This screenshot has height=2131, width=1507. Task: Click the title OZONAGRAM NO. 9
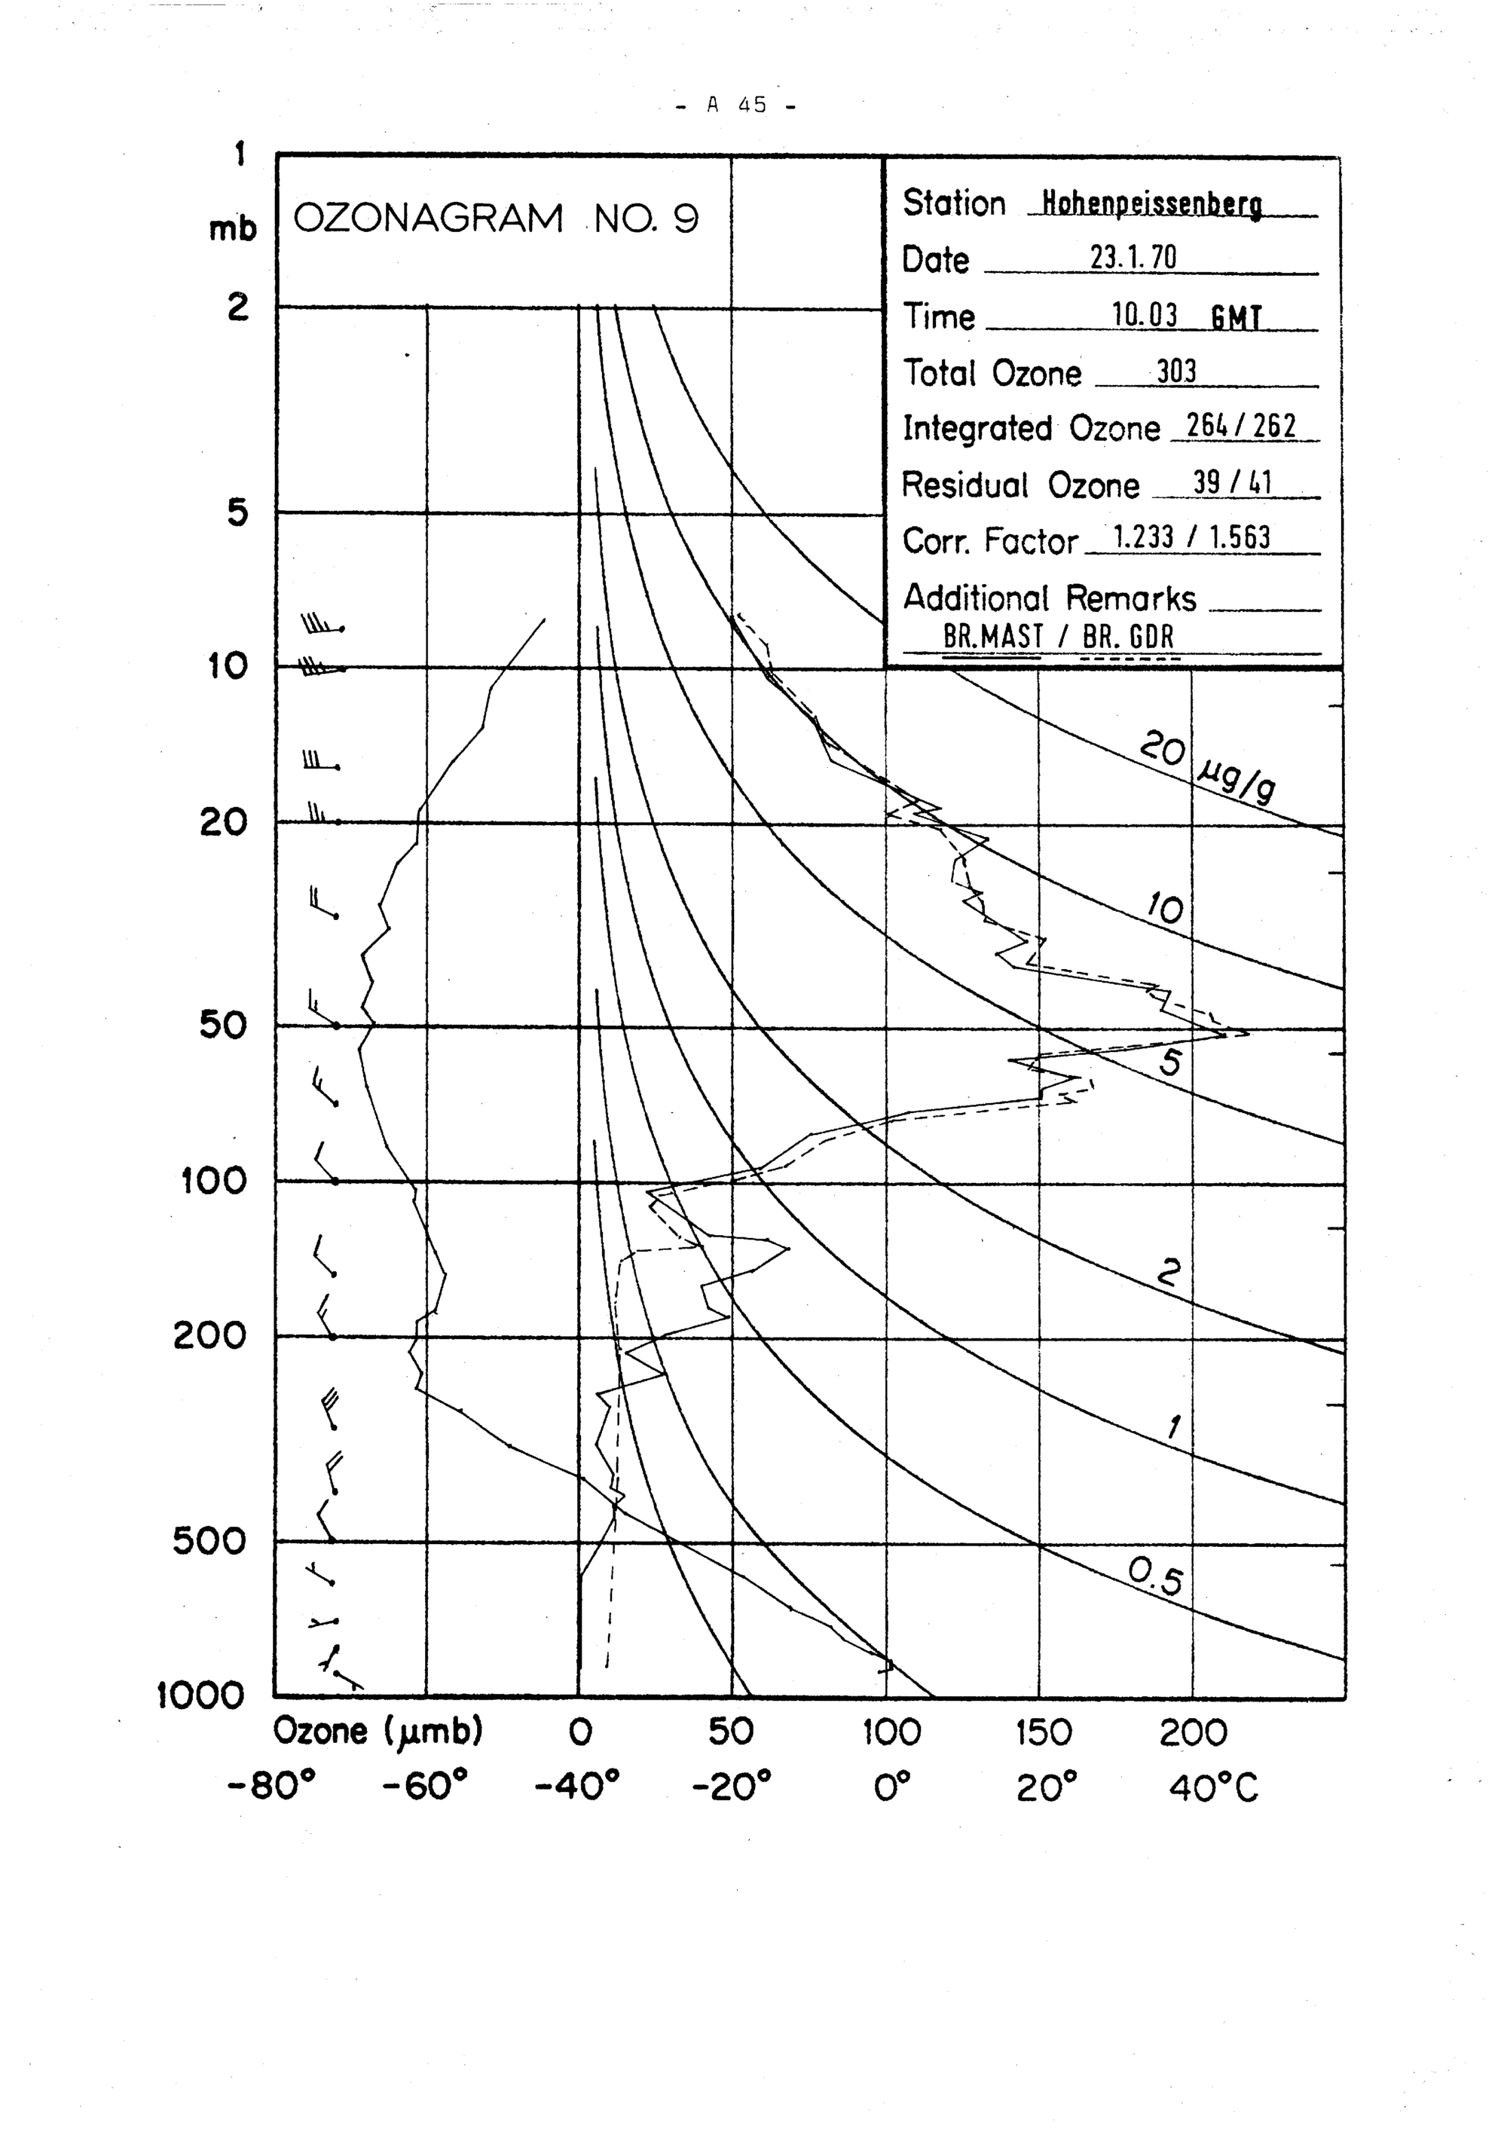(496, 219)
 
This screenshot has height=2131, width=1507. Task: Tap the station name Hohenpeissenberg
(1151, 203)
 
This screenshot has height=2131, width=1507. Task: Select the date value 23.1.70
(1133, 257)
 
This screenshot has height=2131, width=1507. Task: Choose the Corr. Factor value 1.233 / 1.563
(1191, 537)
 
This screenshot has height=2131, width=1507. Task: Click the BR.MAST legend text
(993, 637)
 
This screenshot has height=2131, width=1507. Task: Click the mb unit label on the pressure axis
(232, 229)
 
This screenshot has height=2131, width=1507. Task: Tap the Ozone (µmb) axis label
(378, 1732)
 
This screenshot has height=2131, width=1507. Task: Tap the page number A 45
(738, 105)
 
